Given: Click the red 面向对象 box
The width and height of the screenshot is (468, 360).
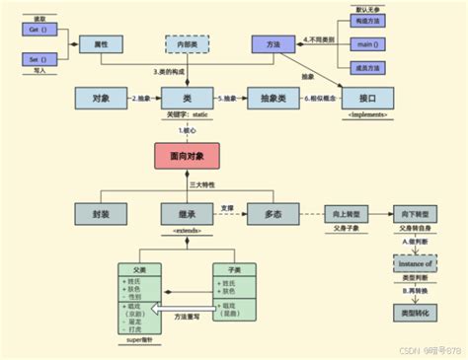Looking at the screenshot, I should (186, 156).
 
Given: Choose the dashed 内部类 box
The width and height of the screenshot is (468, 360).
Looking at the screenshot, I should (186, 45).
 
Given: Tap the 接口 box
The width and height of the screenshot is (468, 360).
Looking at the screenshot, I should (366, 99).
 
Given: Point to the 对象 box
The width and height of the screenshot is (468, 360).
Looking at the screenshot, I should (101, 99).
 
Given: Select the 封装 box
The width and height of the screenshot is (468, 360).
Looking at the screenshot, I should (101, 213).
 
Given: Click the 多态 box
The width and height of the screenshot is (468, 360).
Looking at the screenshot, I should (268, 213).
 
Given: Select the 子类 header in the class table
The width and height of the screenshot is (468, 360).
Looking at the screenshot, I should (233, 269).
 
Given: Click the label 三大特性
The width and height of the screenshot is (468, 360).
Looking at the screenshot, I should (188, 184).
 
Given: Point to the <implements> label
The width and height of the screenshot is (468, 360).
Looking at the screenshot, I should (366, 115).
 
